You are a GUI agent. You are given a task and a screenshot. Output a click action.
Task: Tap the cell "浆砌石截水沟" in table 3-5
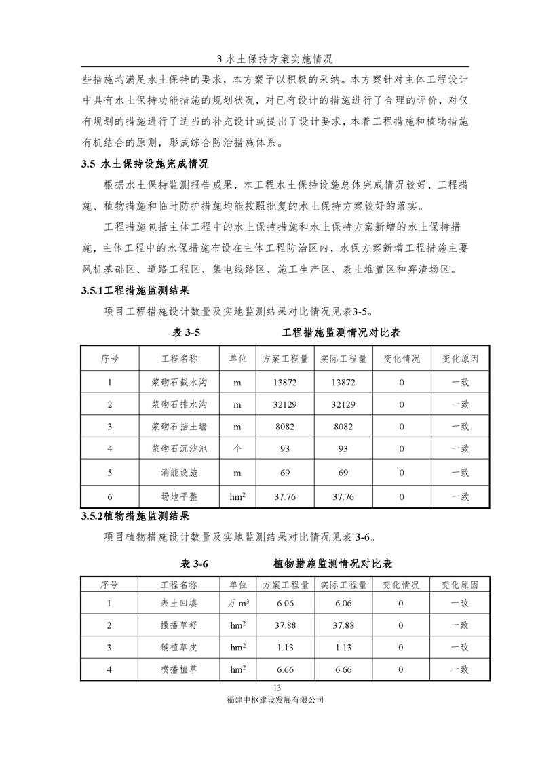[179, 382]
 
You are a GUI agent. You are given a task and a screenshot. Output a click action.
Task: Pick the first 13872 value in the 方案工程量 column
[285, 382]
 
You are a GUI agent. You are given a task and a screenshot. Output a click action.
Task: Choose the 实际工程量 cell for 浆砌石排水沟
[343, 405]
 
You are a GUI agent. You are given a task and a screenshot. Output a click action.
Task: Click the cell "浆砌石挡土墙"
[179, 427]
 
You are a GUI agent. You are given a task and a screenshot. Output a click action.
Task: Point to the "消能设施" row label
[179, 473]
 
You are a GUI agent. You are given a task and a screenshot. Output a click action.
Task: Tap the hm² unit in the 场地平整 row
[237, 496]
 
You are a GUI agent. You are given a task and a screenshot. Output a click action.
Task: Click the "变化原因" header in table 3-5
[460, 359]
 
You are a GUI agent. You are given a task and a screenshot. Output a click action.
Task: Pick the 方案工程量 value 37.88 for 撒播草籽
[285, 625]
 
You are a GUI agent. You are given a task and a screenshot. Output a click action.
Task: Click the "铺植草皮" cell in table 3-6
[179, 648]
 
